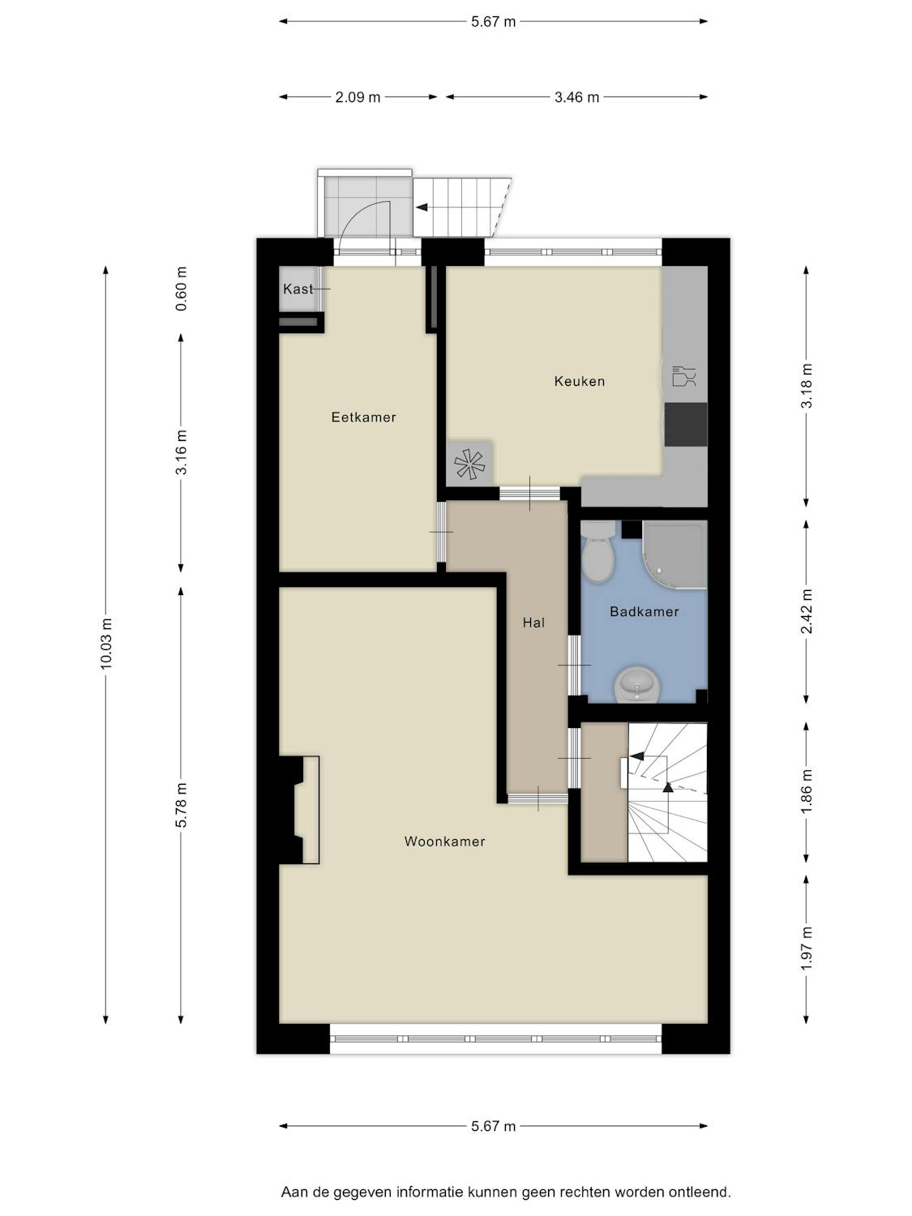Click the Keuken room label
tap(579, 381)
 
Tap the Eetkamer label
tap(364, 417)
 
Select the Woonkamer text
tap(444, 841)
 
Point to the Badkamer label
tap(644, 611)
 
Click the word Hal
tap(533, 623)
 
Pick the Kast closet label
tap(298, 289)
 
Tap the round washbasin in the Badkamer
tap(637, 685)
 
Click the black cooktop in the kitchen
tap(686, 424)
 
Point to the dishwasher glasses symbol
tap(684, 375)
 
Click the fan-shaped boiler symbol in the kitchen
tap(469, 464)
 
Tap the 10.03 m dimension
tap(106, 644)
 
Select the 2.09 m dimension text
tap(358, 97)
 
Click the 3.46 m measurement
tap(577, 97)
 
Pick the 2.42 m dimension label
tap(807, 611)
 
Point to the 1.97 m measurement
tap(807, 948)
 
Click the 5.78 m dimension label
tap(182, 806)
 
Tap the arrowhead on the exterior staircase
tap(422, 208)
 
